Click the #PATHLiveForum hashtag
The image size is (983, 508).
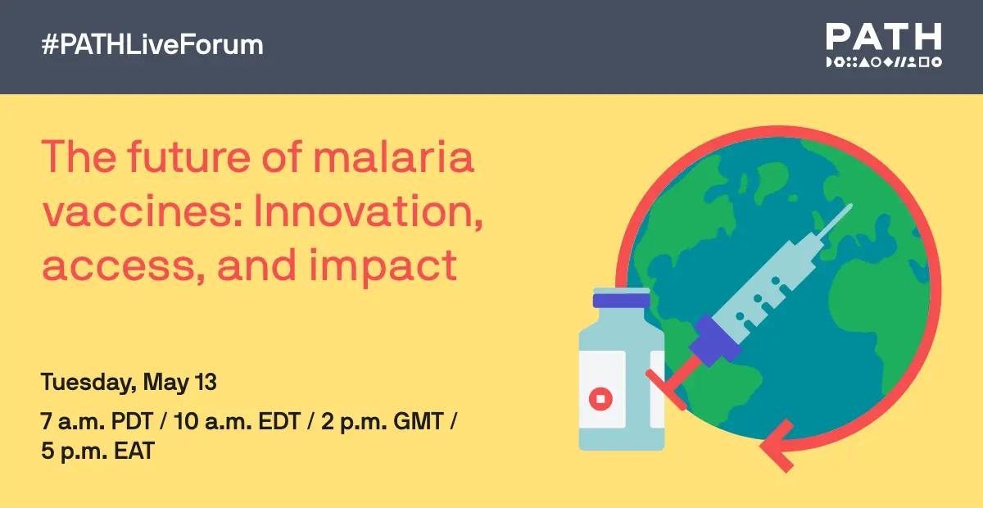(x=152, y=45)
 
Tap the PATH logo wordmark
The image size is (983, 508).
(x=884, y=37)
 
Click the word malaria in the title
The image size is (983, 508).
(x=394, y=157)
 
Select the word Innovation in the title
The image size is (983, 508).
(x=369, y=211)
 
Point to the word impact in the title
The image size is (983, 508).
(x=383, y=266)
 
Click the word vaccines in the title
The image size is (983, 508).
(x=143, y=211)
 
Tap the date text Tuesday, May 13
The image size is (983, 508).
(x=129, y=382)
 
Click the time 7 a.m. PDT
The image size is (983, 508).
(x=97, y=421)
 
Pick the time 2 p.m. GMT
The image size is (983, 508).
(x=383, y=422)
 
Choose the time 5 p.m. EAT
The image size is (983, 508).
(x=97, y=451)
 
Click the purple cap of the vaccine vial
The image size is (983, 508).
(x=622, y=301)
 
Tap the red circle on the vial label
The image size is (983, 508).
(x=600, y=399)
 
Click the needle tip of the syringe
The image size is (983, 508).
(x=850, y=206)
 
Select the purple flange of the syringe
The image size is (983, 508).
(x=714, y=340)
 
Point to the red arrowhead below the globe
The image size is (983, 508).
(x=777, y=446)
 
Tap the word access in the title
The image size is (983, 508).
(x=119, y=267)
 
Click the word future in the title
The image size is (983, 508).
(x=189, y=157)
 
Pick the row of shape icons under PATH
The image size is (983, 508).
(x=884, y=62)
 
